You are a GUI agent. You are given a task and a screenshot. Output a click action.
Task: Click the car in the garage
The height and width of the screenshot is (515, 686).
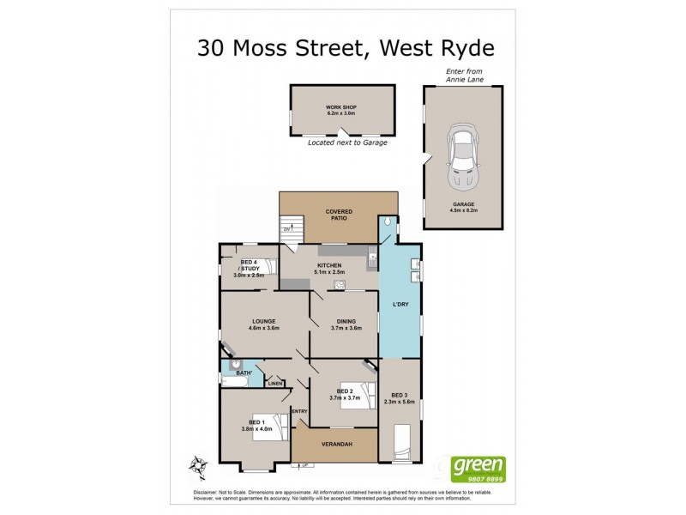coord(462,158)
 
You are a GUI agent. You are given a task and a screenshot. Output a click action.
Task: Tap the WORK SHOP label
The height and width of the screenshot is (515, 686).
coord(341,107)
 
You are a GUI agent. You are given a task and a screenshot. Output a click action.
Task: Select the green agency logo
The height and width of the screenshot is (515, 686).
coord(478,468)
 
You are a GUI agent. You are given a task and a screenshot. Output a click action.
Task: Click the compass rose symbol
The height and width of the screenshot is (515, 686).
coord(199,466)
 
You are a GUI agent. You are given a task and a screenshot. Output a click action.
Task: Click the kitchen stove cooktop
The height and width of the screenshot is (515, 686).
coord(340,285)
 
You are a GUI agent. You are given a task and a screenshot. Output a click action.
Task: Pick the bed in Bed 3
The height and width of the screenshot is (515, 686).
coord(400,443)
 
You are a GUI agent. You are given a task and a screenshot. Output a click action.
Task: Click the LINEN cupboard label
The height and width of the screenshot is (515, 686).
coord(274,383)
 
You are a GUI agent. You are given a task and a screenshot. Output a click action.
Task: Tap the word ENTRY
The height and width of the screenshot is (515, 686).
coord(299,411)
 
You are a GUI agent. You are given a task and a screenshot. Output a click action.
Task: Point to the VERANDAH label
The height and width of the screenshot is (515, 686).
coord(334,445)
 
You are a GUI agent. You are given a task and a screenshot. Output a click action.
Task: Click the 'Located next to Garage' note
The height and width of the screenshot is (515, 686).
coord(347,142)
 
